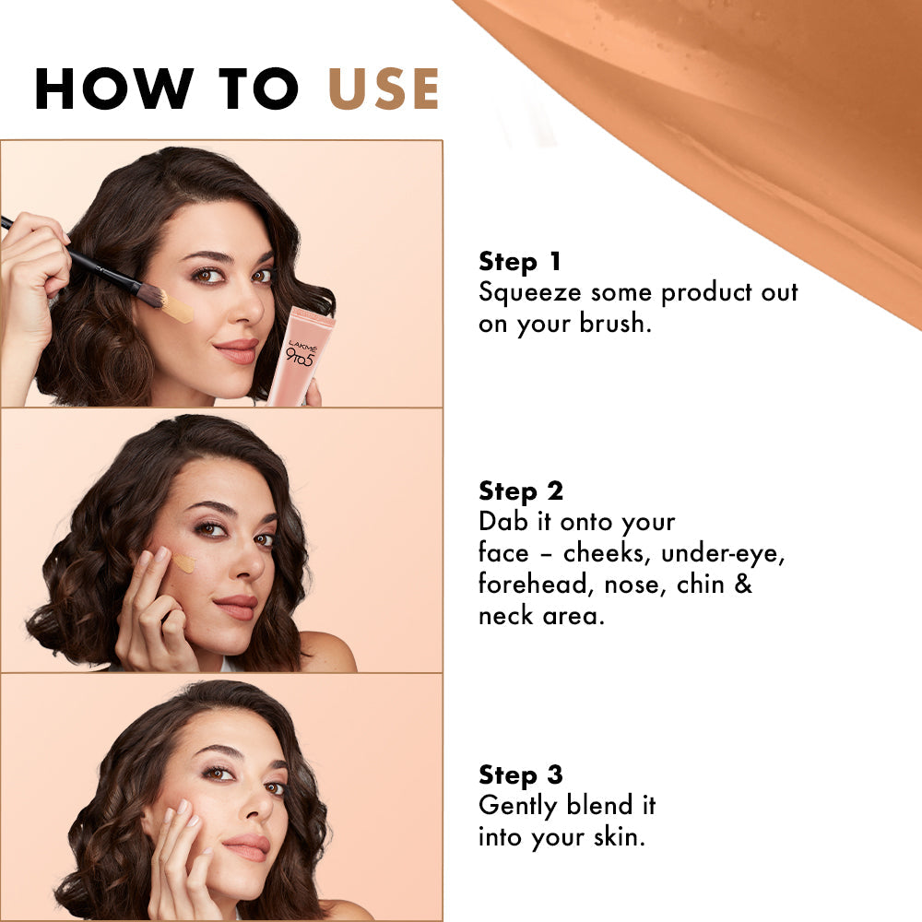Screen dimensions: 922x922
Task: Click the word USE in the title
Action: (x=384, y=89)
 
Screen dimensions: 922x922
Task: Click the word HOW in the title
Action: (x=100, y=89)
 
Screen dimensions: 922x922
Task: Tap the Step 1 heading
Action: (x=520, y=262)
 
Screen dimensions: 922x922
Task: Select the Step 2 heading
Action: (x=521, y=491)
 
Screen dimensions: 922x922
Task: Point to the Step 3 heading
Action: (x=521, y=774)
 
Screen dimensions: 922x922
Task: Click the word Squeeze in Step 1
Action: (x=530, y=293)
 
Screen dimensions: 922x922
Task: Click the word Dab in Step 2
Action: (x=502, y=522)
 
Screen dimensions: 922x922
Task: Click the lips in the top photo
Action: (x=237, y=351)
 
